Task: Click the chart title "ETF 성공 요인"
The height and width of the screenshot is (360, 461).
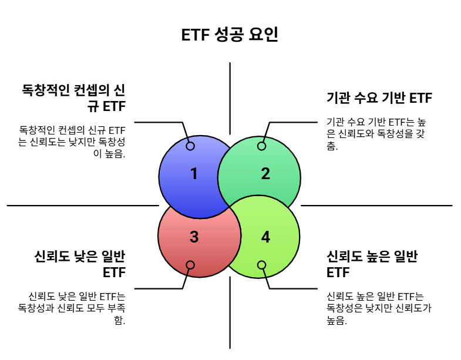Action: pos(230,34)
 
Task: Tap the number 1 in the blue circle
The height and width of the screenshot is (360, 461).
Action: pos(194,174)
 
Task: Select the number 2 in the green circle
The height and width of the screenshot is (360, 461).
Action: pos(265,174)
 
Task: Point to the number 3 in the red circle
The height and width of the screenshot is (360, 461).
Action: pos(194,237)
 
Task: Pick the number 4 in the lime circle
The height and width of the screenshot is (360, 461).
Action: pos(265,237)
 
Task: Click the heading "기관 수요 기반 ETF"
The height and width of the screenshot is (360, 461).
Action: pos(379,98)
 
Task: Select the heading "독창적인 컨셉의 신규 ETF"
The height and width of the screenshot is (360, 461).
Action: pos(73,99)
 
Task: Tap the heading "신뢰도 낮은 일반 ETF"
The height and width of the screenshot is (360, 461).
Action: pos(80,264)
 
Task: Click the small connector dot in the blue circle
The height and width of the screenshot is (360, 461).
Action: pos(190,146)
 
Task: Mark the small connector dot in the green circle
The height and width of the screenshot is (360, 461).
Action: pos(262,146)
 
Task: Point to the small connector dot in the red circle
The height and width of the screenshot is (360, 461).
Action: pos(190,265)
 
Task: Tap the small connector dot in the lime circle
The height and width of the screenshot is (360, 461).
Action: pos(262,265)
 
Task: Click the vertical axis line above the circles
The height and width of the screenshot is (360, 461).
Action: pos(230,88)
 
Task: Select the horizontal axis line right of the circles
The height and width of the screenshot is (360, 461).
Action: pos(376,206)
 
